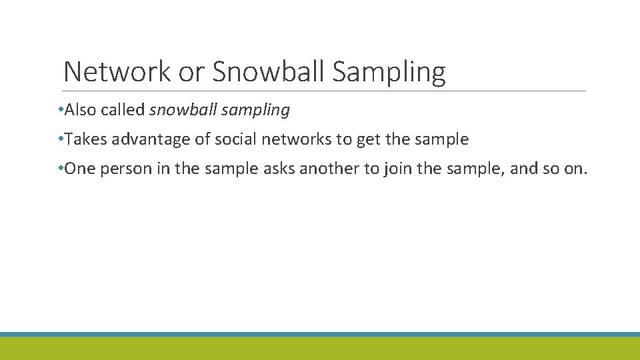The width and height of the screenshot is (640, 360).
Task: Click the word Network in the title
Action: pyautogui.click(x=117, y=72)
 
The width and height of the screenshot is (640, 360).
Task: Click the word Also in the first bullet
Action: pyautogui.click(x=80, y=111)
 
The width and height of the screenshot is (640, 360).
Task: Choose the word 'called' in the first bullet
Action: pyautogui.click(x=123, y=111)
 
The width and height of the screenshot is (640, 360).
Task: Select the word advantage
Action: pyautogui.click(x=145, y=140)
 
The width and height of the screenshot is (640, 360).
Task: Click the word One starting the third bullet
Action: pyautogui.click(x=81, y=169)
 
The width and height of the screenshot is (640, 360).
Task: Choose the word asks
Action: pyautogui.click(x=279, y=169)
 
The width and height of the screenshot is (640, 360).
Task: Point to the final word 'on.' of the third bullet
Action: pyautogui.click(x=575, y=169)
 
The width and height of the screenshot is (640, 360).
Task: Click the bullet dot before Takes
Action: pyautogui.click(x=61, y=140)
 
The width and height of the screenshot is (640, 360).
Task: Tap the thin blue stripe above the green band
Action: pyautogui.click(x=320, y=334)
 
